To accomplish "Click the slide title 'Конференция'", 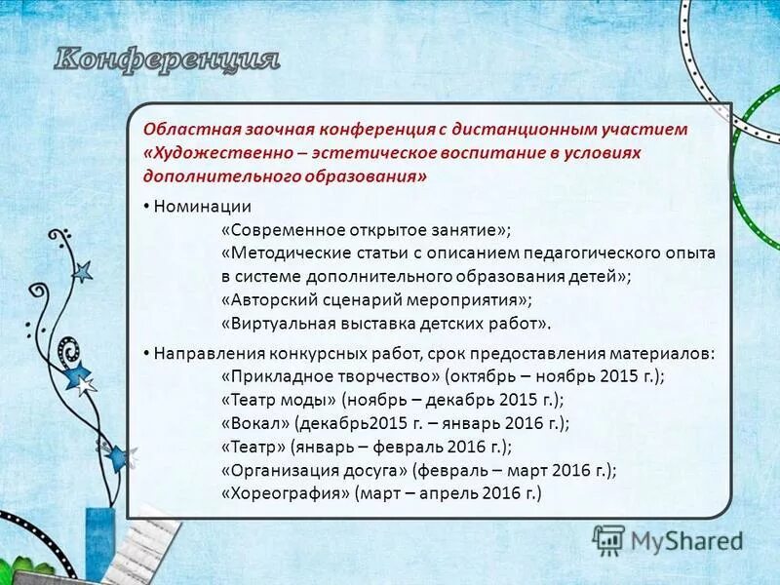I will (166, 58).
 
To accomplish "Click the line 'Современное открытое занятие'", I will (365, 230).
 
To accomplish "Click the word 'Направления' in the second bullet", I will (206, 353).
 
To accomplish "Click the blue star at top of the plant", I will (82, 271).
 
